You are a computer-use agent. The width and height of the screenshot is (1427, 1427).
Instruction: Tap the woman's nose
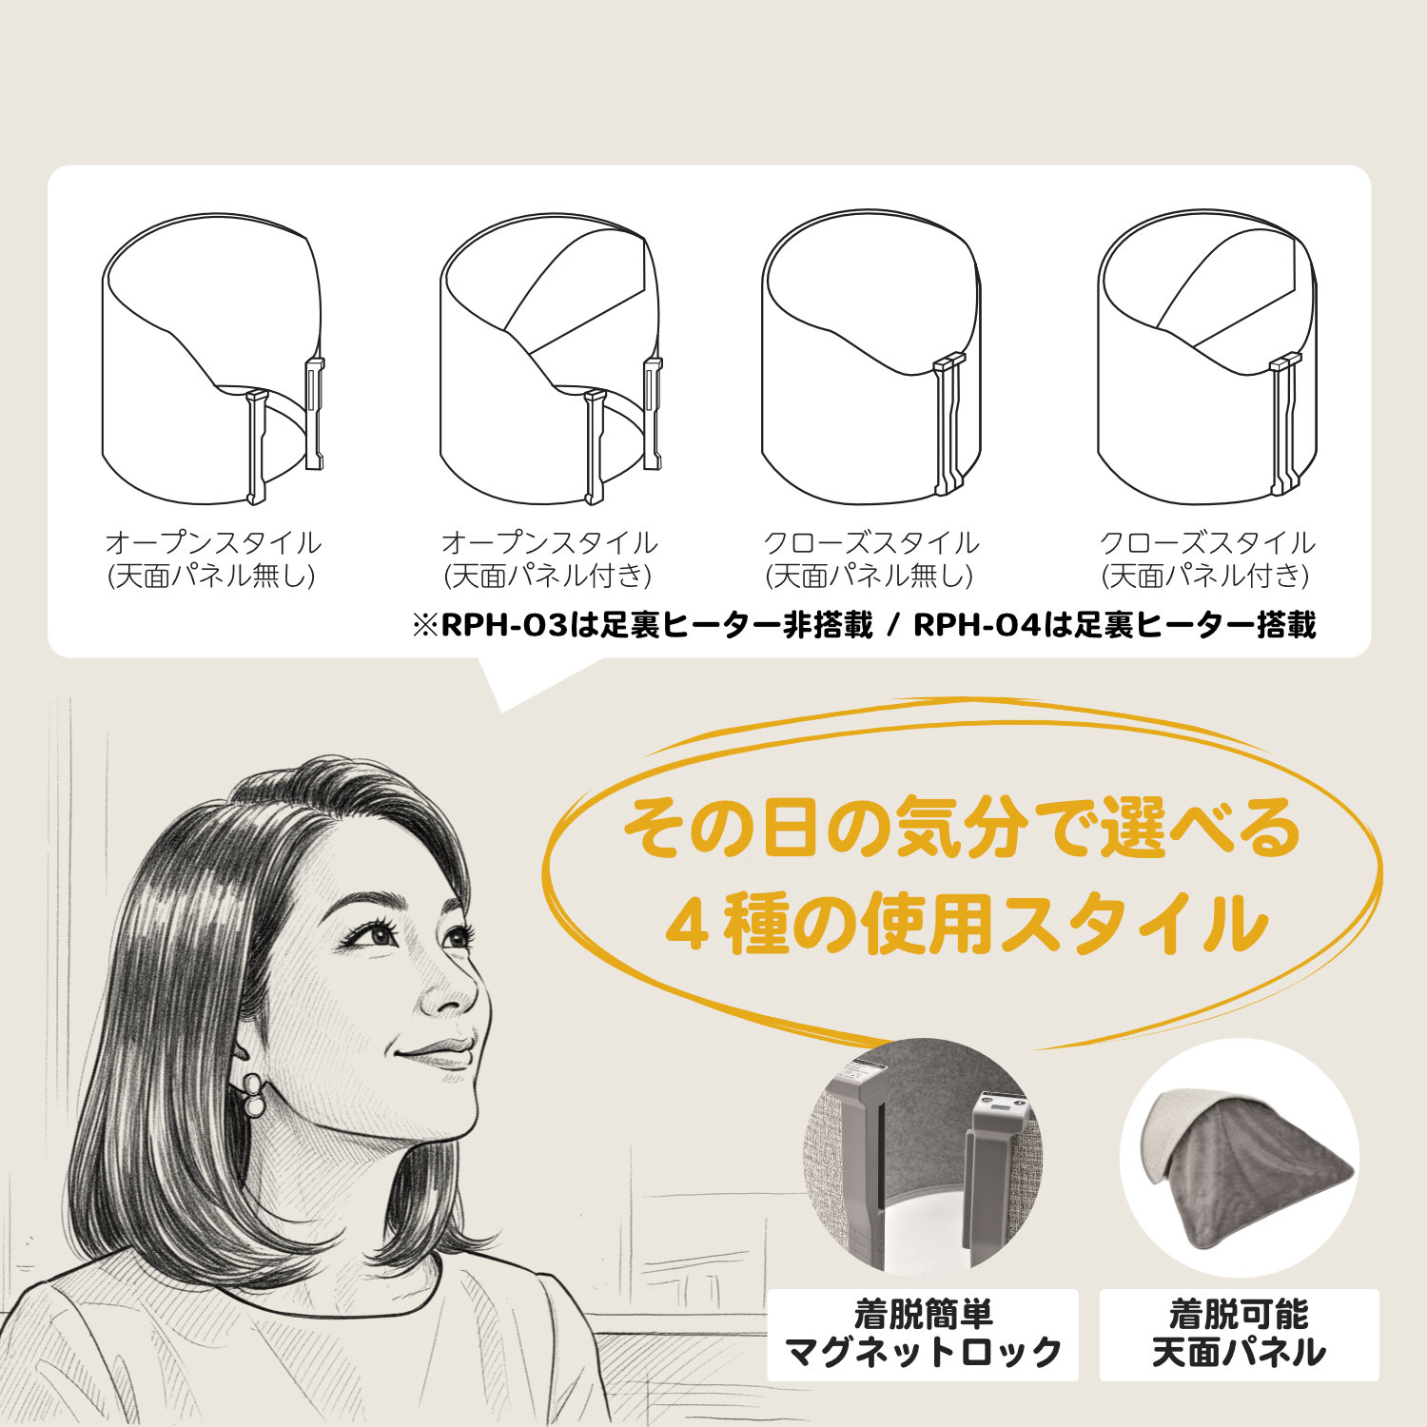coord(457,989)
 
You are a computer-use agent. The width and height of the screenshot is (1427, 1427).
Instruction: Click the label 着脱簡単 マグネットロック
coord(922,1334)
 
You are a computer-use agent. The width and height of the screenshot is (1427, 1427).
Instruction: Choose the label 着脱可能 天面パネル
coord(1239,1334)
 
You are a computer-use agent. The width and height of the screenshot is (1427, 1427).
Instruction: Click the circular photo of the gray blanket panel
coord(1239,1158)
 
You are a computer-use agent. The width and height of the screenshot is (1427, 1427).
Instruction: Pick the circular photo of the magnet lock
coord(923,1158)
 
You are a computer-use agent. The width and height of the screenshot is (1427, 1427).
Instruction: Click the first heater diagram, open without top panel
coord(213,359)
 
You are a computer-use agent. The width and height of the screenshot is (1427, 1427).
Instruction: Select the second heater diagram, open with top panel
coord(552,359)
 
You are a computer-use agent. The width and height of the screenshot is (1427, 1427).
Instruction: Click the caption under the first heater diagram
coord(213,559)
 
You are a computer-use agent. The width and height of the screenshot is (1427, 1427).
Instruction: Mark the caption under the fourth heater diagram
coord(1207,559)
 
